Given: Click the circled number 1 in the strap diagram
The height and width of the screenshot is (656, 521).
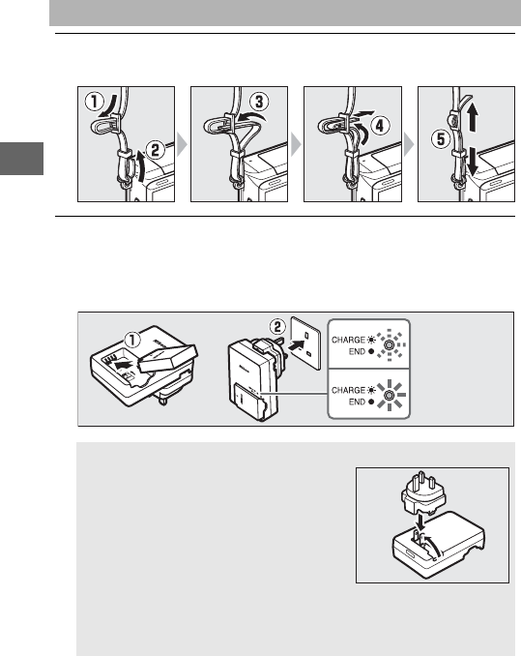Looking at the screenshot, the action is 95,102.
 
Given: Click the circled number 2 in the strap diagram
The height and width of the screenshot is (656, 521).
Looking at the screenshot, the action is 155,150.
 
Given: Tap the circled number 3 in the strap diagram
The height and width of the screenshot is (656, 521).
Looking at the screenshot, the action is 259,103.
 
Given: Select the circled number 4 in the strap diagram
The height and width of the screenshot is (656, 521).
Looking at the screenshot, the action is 380,126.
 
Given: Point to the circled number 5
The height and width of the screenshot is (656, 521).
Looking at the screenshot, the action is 441,139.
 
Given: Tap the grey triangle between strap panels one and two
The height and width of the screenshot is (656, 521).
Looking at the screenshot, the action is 182,144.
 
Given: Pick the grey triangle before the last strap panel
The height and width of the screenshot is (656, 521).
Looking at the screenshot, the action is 409,144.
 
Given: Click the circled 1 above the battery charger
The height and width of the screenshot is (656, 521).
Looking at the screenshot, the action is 132,340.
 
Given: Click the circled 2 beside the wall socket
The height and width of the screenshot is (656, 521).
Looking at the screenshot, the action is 277,327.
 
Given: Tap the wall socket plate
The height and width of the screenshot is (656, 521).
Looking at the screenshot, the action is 305,343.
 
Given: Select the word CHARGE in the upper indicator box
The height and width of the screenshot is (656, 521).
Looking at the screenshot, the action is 348,340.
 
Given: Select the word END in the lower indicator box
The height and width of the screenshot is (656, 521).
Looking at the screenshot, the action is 358,402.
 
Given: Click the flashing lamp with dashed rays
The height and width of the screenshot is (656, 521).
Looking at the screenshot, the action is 389,344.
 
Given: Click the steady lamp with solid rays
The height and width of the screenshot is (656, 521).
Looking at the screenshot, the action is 390,396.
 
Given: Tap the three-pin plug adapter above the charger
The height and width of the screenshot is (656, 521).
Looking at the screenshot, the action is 422,492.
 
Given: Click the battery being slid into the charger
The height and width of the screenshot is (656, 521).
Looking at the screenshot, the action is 168,358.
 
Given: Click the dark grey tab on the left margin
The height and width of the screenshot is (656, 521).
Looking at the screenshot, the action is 21,159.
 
